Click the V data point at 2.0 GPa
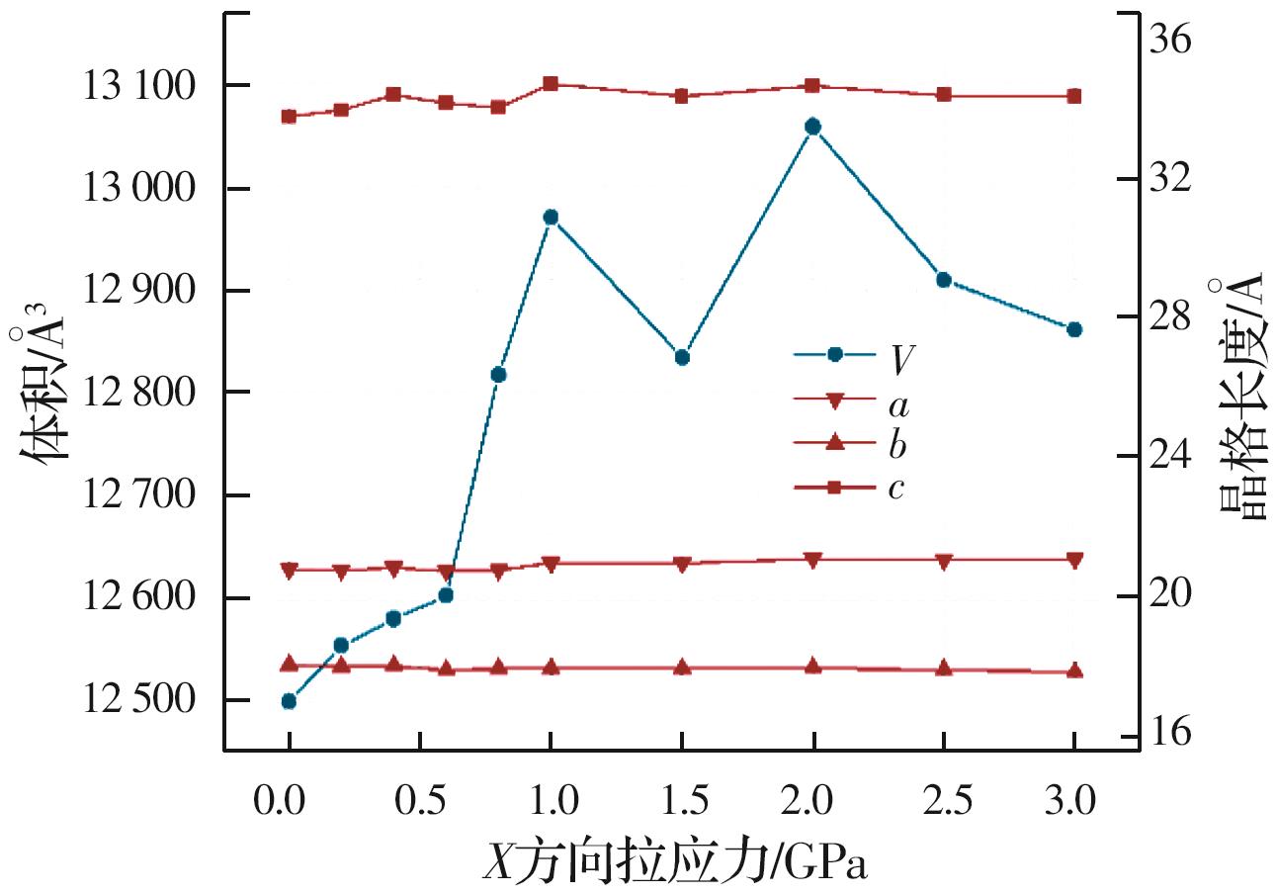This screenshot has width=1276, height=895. point(812,126)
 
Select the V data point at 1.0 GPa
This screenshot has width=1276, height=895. point(551,217)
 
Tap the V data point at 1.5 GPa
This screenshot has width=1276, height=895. point(681,357)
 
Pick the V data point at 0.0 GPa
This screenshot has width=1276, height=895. point(289,701)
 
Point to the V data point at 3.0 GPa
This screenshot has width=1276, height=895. point(1074,329)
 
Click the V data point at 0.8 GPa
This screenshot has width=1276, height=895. point(498,375)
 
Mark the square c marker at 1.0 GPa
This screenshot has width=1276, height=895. point(551,84)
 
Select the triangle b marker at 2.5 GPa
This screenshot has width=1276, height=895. point(944,668)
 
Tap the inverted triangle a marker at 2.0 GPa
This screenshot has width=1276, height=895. point(812,560)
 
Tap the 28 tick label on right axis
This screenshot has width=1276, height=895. point(1169,317)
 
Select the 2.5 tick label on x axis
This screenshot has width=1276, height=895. point(944,798)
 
